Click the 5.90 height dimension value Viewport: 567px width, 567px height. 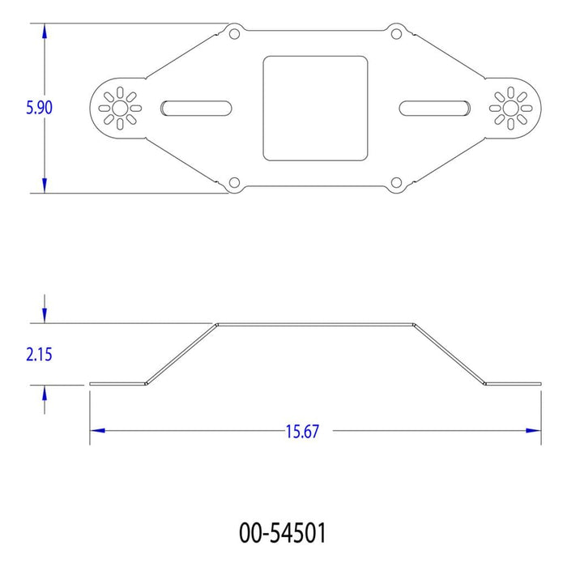tap(39, 108)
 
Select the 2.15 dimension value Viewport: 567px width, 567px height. tap(39, 355)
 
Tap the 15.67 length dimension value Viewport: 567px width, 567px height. tap(302, 432)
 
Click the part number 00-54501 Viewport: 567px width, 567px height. tap(283, 533)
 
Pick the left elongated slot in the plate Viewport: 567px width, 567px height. tap(196, 109)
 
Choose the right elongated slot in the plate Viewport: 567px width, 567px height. tap(435, 109)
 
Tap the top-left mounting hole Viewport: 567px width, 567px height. tap(234, 34)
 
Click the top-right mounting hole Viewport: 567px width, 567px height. tap(396, 34)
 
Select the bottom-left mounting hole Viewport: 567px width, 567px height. tap(234, 182)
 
